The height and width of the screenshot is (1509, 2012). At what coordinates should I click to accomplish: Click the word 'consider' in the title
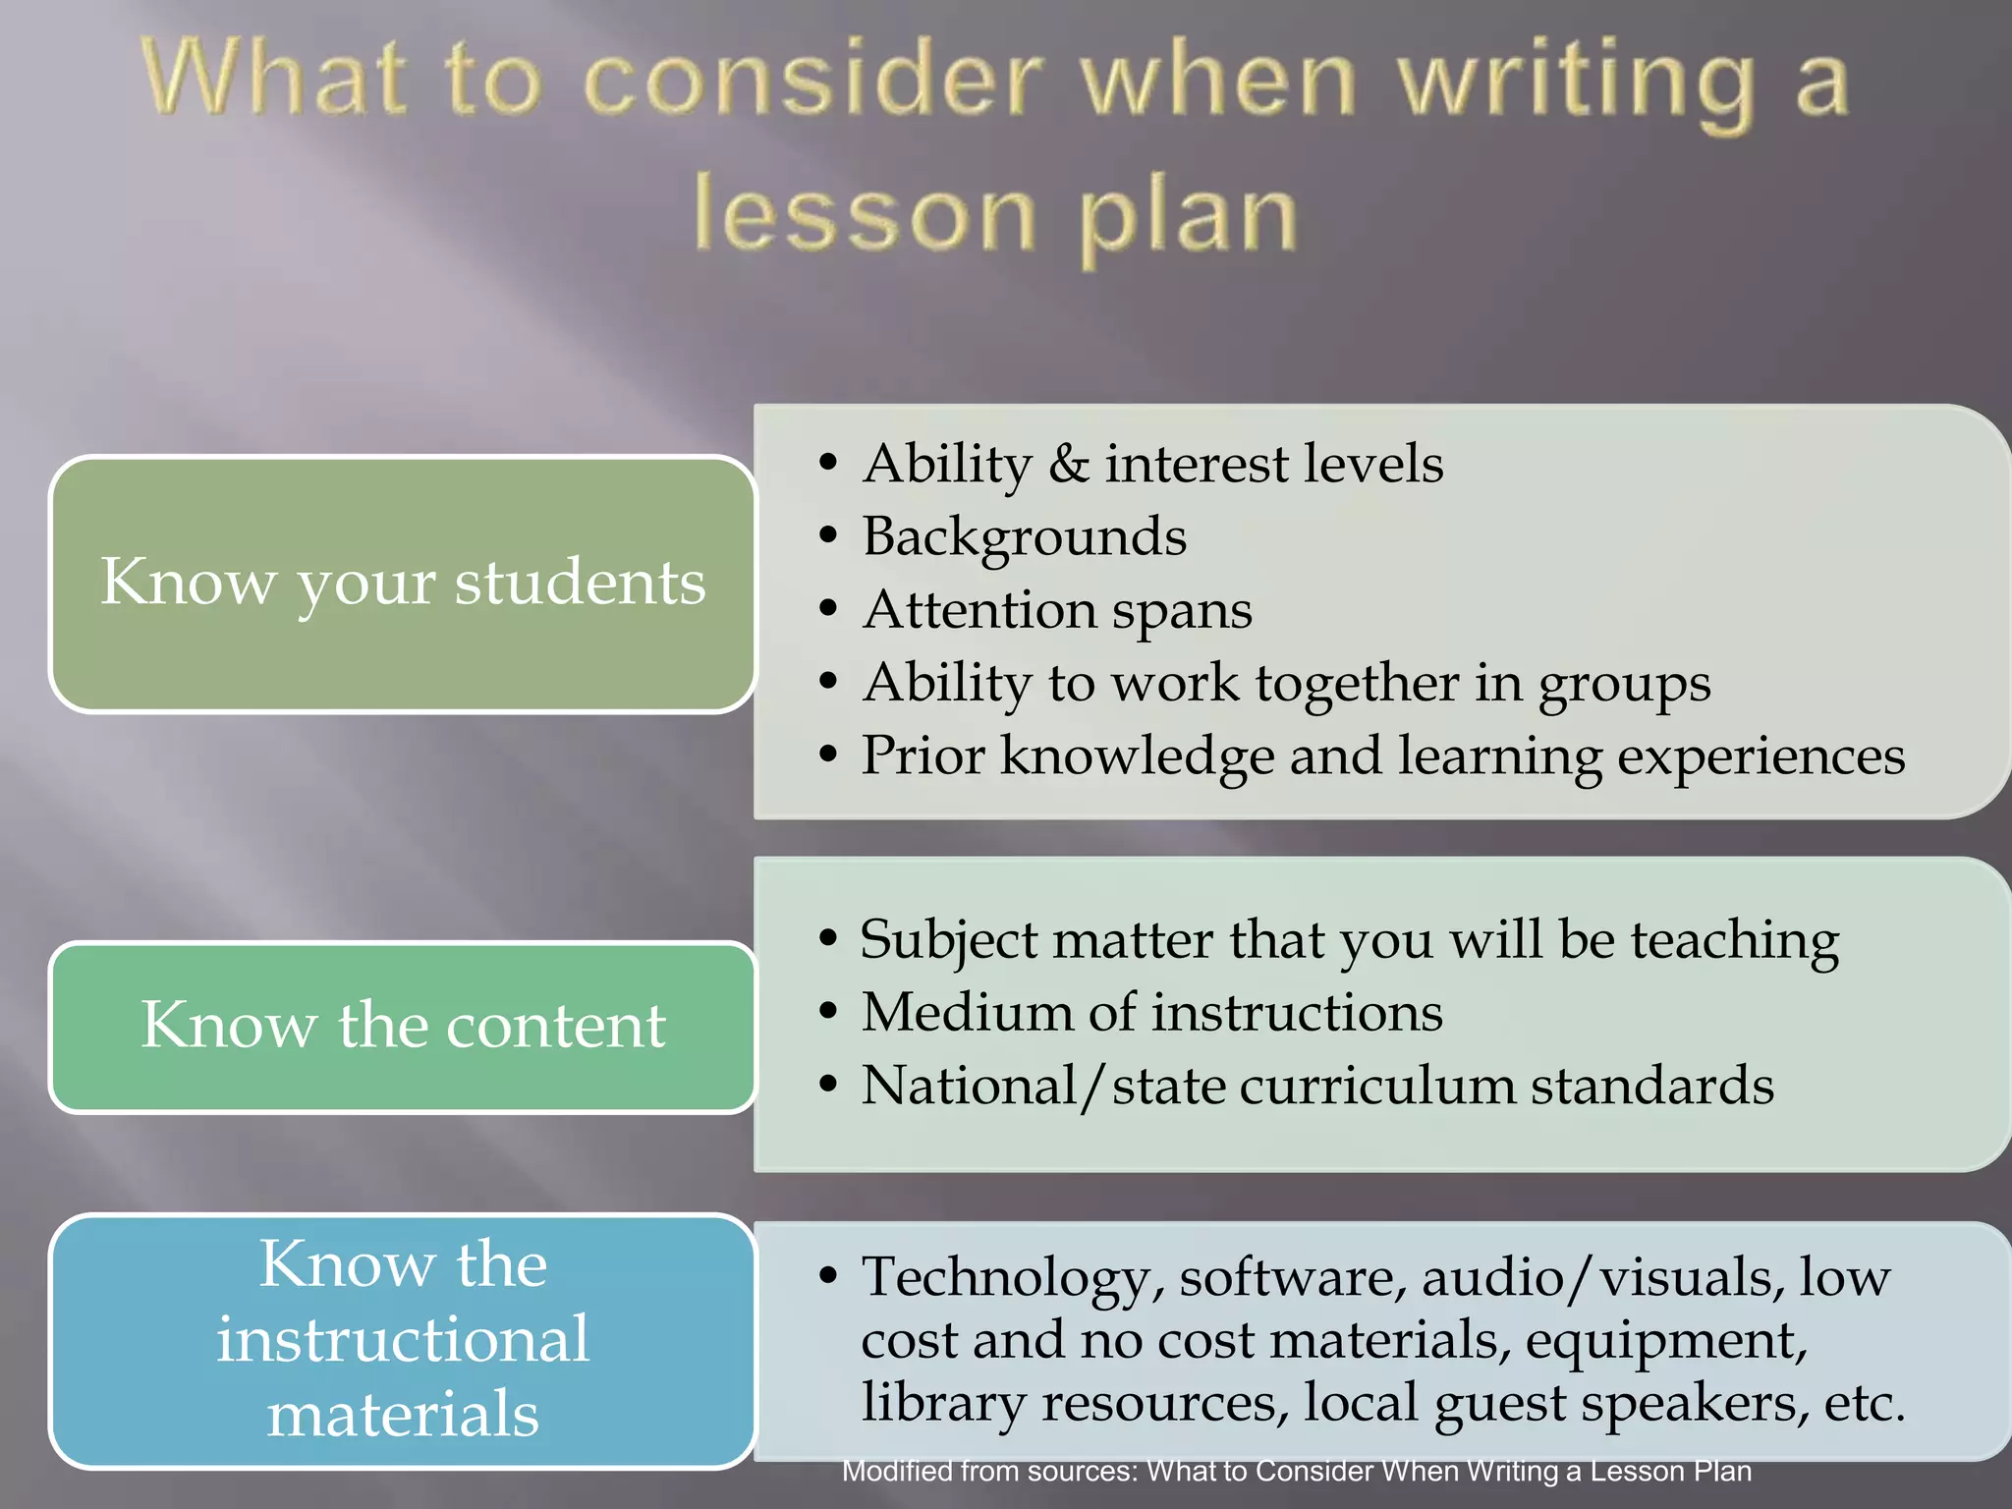click(813, 83)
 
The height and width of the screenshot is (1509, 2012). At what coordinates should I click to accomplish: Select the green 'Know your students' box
click(403, 584)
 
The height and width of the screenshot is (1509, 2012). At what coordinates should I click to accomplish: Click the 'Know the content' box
click(403, 1027)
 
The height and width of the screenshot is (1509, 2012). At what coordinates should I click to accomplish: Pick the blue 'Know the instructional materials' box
click(403, 1340)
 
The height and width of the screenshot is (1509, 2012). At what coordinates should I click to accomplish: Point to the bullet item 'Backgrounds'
click(1025, 537)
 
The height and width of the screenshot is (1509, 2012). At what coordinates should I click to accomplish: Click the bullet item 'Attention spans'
click(1057, 610)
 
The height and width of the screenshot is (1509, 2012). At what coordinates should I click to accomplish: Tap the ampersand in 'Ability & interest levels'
click(1069, 465)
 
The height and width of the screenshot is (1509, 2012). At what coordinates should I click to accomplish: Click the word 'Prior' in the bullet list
click(922, 756)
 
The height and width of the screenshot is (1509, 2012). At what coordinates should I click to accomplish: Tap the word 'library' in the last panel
click(943, 1403)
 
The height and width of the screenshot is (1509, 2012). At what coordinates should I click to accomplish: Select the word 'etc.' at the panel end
click(1864, 1403)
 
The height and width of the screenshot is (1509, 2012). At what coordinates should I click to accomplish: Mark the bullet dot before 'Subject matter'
click(828, 939)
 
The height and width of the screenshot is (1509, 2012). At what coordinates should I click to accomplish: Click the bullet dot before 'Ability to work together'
click(828, 682)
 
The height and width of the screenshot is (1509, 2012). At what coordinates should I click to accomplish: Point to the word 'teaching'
click(1735, 941)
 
